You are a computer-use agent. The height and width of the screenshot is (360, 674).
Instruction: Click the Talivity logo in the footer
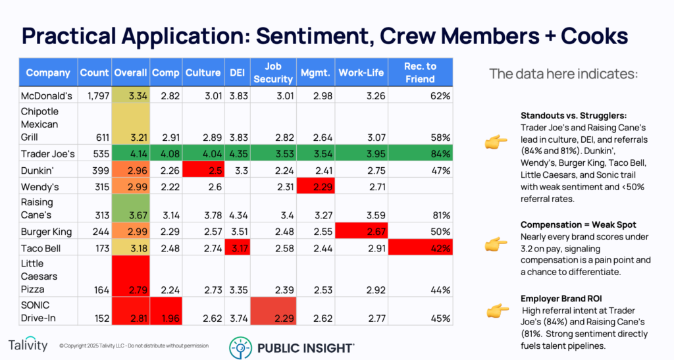click(x=29, y=345)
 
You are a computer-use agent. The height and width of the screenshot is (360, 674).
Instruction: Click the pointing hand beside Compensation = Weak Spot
click(x=496, y=245)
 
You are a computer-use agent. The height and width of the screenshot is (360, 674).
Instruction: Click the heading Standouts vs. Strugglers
click(x=571, y=114)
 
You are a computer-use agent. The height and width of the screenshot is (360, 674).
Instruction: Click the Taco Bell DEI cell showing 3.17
click(x=238, y=249)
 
